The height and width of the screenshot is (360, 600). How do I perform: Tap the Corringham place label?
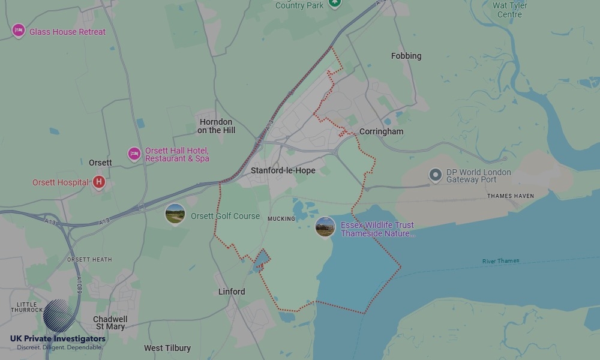(381, 131)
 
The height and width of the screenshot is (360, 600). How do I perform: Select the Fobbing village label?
(406, 56)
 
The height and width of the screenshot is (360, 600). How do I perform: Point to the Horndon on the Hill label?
(216, 126)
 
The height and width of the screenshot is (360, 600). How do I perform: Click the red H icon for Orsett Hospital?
(99, 182)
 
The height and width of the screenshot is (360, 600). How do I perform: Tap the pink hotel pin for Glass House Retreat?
(19, 31)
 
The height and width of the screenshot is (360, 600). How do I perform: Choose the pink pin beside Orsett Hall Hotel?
(134, 154)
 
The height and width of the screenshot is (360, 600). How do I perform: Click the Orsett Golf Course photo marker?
(175, 214)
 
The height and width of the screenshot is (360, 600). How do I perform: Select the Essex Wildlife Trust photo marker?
(325, 227)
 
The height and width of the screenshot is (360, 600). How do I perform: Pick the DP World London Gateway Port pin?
(436, 175)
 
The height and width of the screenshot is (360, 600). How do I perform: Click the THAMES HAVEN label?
(510, 196)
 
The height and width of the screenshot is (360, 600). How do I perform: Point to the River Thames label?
(501, 261)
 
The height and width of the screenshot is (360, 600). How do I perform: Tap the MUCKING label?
(281, 219)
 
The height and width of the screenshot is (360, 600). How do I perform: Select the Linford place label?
(232, 292)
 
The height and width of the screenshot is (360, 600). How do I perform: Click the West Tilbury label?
(167, 348)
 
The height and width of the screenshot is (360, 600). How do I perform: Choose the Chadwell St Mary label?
(110, 323)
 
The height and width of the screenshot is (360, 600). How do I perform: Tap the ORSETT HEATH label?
(89, 259)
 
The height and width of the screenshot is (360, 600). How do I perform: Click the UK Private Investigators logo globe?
(59, 316)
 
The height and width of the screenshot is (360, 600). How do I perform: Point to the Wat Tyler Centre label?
(509, 10)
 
